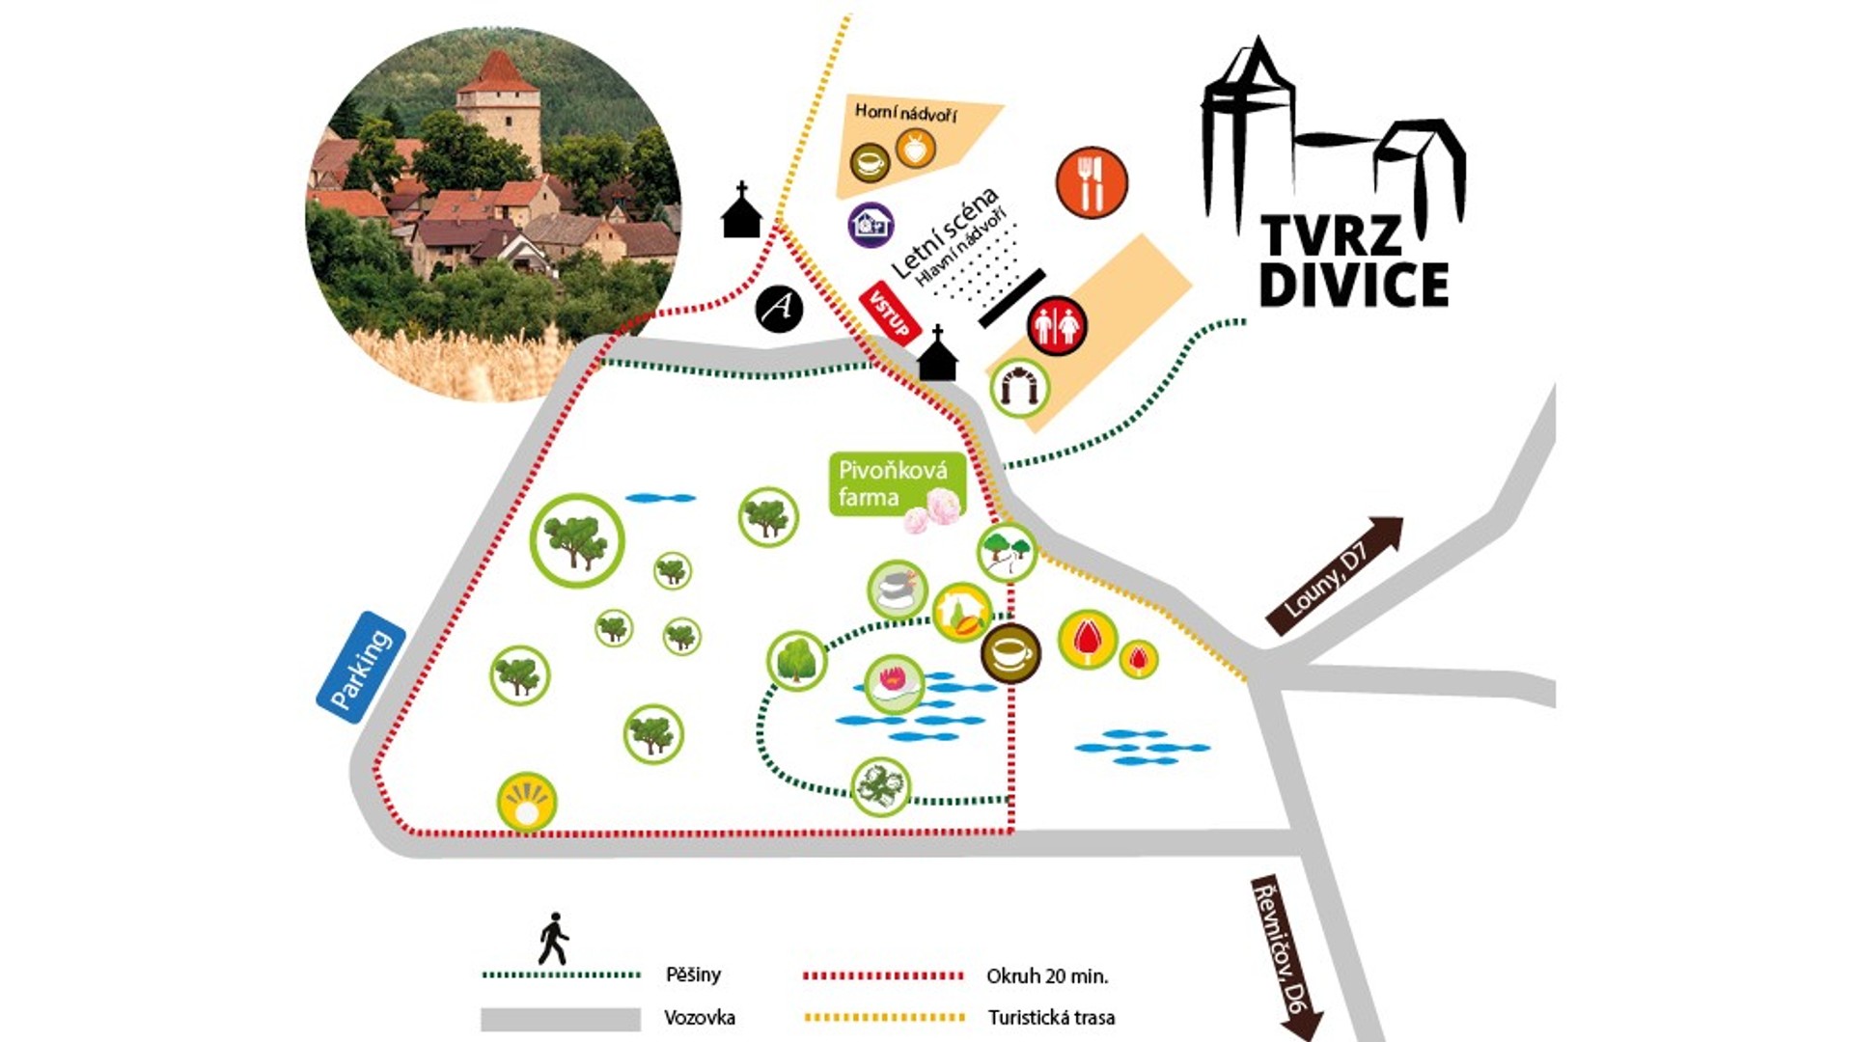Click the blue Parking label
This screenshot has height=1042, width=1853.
pyautogui.click(x=361, y=667)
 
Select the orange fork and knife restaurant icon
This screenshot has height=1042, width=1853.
pyautogui.click(x=1092, y=182)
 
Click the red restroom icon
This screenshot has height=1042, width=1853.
pyautogui.click(x=1057, y=326)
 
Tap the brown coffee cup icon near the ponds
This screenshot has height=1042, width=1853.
pyautogui.click(x=1010, y=653)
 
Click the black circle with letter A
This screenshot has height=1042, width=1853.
pyautogui.click(x=779, y=309)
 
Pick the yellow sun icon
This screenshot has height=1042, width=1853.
pyautogui.click(x=527, y=802)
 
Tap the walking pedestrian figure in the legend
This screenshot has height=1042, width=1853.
pyautogui.click(x=553, y=939)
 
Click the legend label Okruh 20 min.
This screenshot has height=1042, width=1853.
pyautogui.click(x=1047, y=976)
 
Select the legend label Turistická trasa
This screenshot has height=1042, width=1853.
pyautogui.click(x=1051, y=1017)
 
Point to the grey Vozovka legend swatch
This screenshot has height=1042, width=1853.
pyautogui.click(x=561, y=1019)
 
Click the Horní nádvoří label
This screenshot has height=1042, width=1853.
pyautogui.click(x=905, y=113)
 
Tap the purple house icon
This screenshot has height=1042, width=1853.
pyautogui.click(x=871, y=225)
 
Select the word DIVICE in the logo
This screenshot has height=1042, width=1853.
pyautogui.click(x=1353, y=284)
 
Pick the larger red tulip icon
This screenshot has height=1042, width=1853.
pyautogui.click(x=1088, y=639)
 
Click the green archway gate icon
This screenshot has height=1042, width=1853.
pyautogui.click(x=1020, y=388)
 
